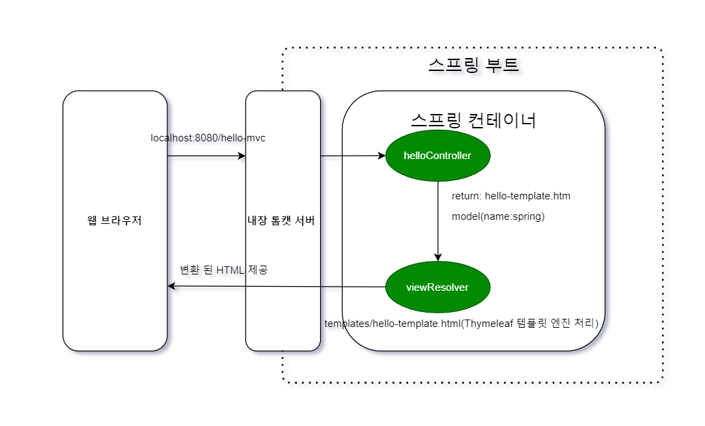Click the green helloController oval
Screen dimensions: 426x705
[437, 156]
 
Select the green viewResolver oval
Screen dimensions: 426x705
[437, 287]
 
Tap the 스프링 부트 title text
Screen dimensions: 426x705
[474, 66]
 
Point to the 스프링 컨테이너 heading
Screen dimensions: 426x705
[473, 120]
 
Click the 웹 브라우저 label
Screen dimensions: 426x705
[115, 221]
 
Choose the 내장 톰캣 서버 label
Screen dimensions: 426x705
[283, 221]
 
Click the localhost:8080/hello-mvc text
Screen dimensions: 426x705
[208, 139]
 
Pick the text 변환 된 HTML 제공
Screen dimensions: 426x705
[223, 270]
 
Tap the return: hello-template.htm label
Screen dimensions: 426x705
[510, 196]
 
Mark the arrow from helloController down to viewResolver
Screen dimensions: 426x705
[437, 218]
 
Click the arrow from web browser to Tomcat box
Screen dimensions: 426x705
[205, 156]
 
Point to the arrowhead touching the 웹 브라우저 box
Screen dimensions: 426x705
[172, 286]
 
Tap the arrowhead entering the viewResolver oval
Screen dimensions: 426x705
[437, 257]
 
